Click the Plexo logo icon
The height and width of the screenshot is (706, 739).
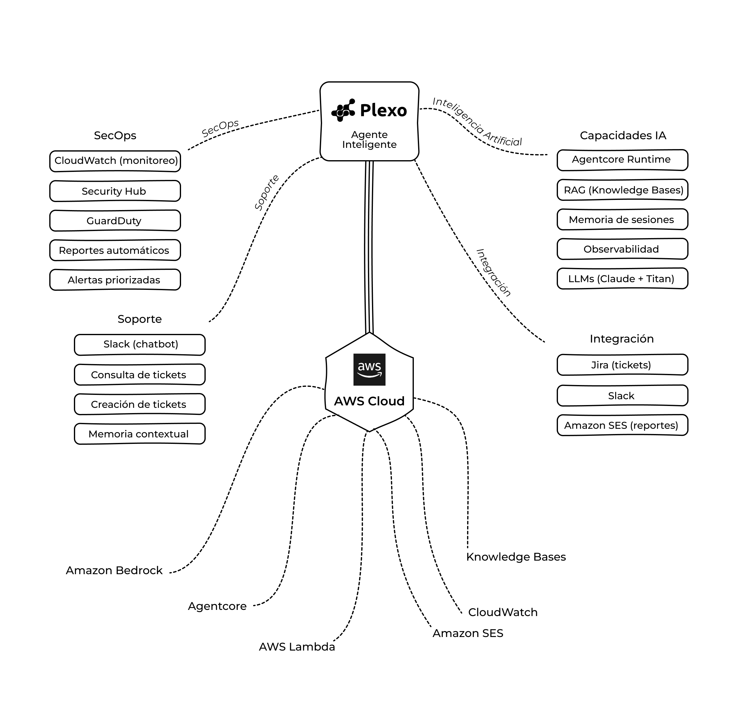click(343, 110)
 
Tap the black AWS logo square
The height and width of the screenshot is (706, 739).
click(369, 369)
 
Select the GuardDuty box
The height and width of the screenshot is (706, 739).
click(115, 221)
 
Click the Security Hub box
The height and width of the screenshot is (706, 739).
click(115, 191)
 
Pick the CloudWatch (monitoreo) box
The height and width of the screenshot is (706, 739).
click(115, 161)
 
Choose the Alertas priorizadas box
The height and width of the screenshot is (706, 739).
click(115, 280)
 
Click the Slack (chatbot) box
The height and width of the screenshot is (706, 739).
click(139, 345)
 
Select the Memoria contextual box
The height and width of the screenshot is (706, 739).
click(139, 433)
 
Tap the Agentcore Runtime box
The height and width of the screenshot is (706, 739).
click(622, 160)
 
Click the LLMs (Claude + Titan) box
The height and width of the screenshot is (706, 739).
click(622, 278)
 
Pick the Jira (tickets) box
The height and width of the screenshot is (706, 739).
click(622, 365)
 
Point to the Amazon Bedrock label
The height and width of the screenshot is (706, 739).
click(114, 570)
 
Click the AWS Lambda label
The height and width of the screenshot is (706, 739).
click(297, 647)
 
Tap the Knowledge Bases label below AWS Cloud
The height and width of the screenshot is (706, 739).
click(516, 557)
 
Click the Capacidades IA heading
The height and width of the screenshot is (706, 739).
click(623, 136)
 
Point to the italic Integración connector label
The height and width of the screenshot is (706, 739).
click(493, 273)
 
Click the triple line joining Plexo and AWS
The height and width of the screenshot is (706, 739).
click(369, 247)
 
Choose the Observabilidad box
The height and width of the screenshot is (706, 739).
click(622, 249)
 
